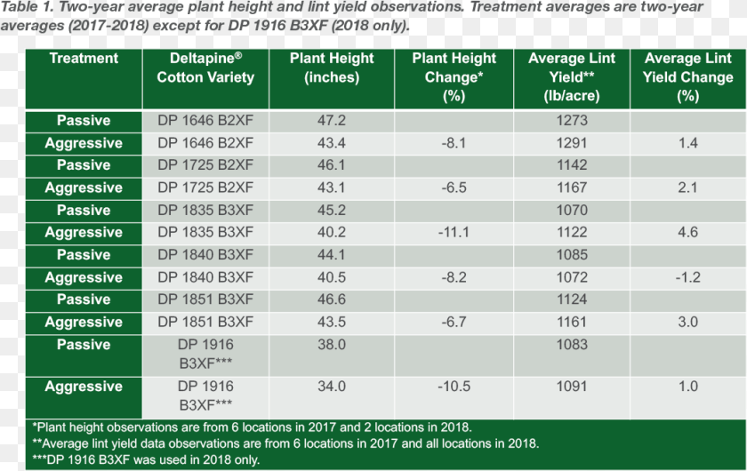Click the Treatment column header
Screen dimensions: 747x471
(84, 58)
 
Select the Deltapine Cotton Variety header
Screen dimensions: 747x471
(205, 68)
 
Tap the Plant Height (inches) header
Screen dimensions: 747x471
(332, 68)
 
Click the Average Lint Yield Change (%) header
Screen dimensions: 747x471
(687, 76)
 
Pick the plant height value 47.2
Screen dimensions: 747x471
(332, 121)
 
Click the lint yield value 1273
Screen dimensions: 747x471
(572, 121)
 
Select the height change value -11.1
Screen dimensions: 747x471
(454, 233)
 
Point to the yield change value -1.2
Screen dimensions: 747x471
(688, 277)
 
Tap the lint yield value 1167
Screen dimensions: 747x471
(572, 188)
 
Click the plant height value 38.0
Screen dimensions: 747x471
(332, 345)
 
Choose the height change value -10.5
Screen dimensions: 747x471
(454, 387)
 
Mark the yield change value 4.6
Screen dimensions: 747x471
(688, 233)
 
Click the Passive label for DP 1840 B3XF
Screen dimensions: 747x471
(84, 255)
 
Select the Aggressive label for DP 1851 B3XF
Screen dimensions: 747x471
(84, 323)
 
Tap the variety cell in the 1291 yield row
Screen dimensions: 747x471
(205, 143)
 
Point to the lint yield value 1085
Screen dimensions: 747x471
(572, 255)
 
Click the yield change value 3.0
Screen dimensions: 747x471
(688, 322)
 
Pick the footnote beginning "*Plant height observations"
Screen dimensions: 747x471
(252, 427)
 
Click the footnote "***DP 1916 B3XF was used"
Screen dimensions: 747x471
(146, 460)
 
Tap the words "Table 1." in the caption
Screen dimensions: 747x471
(27, 7)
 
